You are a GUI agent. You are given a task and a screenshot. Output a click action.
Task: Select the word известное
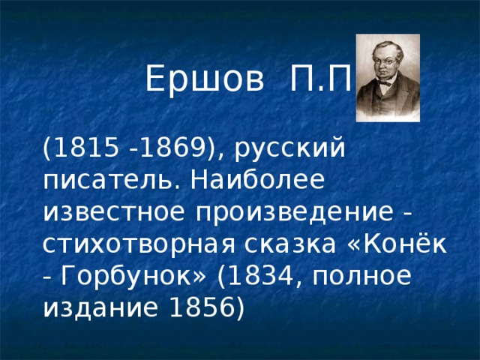[x=114, y=212]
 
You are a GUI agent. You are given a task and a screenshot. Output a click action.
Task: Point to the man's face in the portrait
[x=384, y=66]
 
